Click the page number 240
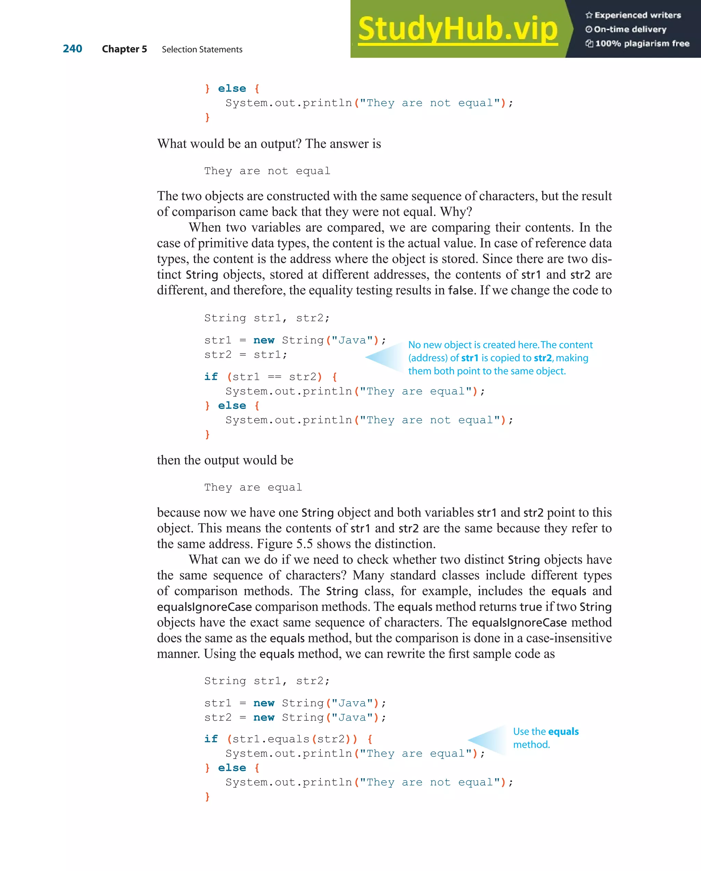(72, 49)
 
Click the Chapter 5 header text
(124, 49)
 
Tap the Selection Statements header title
(202, 49)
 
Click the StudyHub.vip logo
(457, 29)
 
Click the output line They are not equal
(267, 171)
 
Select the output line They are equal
(253, 487)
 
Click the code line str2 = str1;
(246, 355)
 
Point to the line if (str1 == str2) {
(270, 377)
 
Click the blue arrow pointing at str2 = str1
(384, 357)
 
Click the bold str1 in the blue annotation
(470, 358)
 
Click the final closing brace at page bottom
(207, 796)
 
